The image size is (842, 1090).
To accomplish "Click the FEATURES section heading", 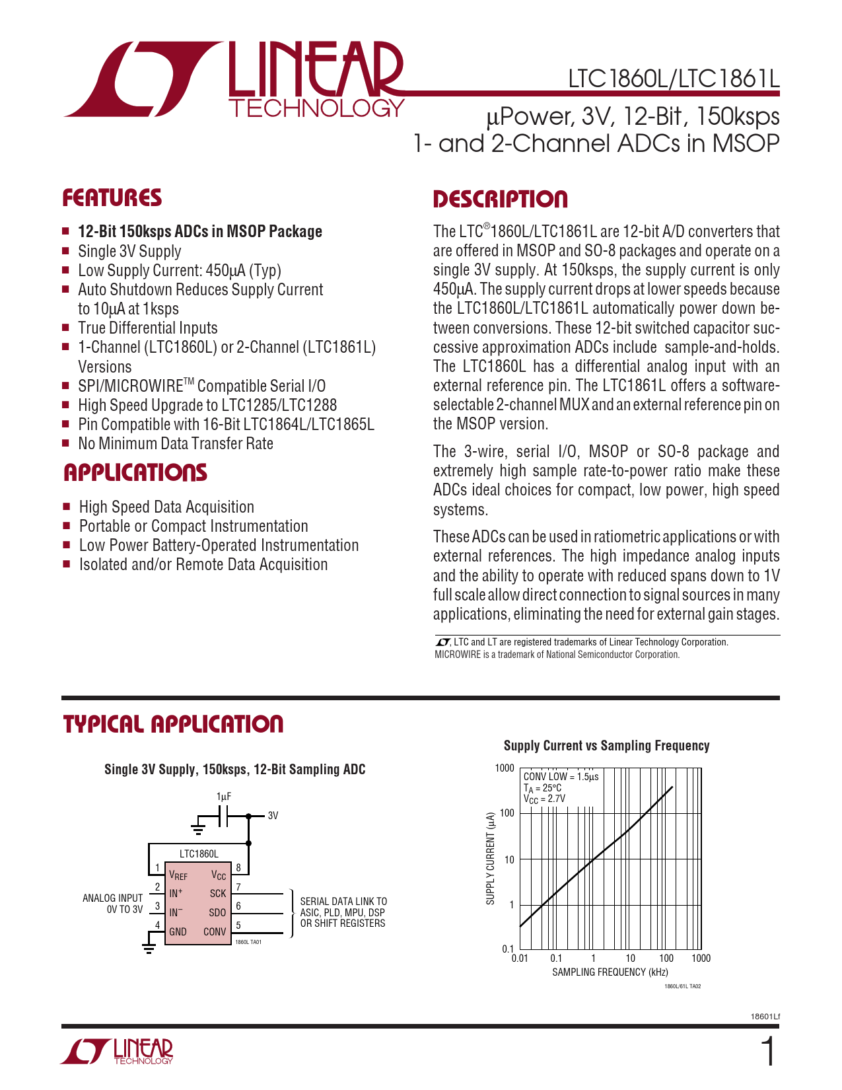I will coord(112,198).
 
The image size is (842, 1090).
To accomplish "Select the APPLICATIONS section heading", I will coord(135,473).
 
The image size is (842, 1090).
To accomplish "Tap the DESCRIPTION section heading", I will coord(500,200).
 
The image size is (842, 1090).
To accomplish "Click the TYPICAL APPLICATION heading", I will coord(173,724).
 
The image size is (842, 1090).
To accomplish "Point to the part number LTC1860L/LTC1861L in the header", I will coord(674,79).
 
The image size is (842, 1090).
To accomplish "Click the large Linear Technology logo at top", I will coord(234,79).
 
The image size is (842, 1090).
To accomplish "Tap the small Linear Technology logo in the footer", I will coord(118,1051).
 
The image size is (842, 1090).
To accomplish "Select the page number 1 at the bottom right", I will coord(768,1052).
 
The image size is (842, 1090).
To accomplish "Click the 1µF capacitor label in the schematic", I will coord(224,797).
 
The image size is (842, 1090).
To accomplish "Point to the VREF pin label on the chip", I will coord(178,876).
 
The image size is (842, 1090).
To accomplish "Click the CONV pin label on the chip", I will coord(215,932).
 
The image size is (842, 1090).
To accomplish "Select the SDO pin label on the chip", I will coord(217,913).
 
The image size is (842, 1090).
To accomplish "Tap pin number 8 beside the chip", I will coord(238,868).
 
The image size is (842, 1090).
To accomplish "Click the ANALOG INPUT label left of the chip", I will coord(112,898).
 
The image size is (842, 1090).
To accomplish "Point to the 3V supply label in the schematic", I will coord(273,816).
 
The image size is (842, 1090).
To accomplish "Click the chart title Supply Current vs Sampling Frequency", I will coord(606,746).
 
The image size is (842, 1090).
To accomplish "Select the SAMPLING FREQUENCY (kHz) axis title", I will coord(610,972).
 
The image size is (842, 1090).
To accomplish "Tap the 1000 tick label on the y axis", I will coord(504,768).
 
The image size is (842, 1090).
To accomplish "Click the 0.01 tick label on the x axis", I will coord(520,959).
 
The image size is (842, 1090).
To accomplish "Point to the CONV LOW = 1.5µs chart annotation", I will coord(561,777).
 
